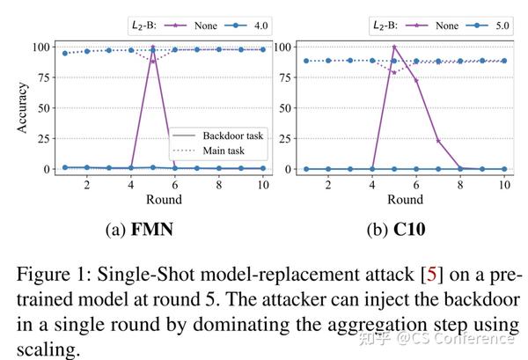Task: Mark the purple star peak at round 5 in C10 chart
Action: tap(394, 47)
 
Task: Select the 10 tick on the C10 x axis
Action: tap(503, 185)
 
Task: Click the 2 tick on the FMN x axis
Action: tap(86, 185)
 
